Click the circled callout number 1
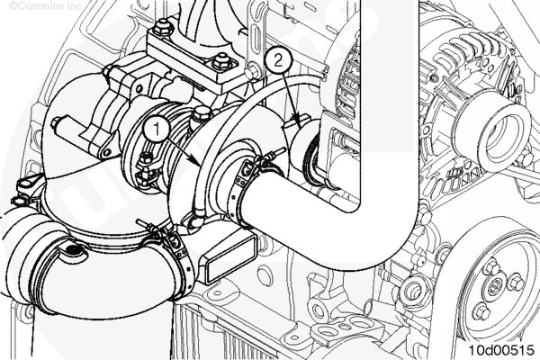157,130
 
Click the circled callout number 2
278,61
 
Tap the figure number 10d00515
502,349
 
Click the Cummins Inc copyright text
45,5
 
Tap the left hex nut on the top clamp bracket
161,27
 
